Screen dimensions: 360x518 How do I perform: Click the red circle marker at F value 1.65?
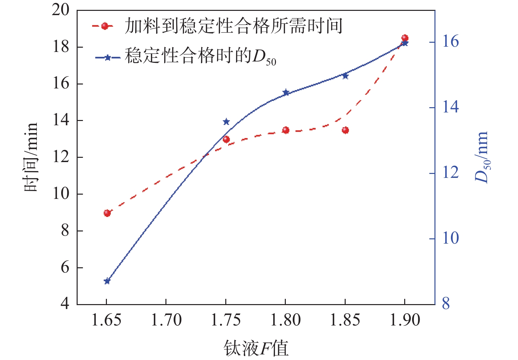107,213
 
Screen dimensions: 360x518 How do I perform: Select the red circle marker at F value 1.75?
226,139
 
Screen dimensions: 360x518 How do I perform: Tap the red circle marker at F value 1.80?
286,130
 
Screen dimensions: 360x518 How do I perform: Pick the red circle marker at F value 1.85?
345,130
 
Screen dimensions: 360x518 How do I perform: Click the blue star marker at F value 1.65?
107,281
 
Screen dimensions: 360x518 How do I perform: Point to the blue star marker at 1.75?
226,122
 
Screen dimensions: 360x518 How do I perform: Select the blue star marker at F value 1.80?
286,92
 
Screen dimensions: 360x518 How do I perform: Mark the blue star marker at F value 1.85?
345,76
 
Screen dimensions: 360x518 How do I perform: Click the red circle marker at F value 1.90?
405,38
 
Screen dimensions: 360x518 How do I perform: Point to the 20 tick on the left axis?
61,10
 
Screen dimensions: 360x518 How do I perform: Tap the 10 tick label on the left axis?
61,194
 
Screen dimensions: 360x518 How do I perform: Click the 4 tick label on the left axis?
65,303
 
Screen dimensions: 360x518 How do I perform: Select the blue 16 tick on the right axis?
450,42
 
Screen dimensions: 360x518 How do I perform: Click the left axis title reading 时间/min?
31,157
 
